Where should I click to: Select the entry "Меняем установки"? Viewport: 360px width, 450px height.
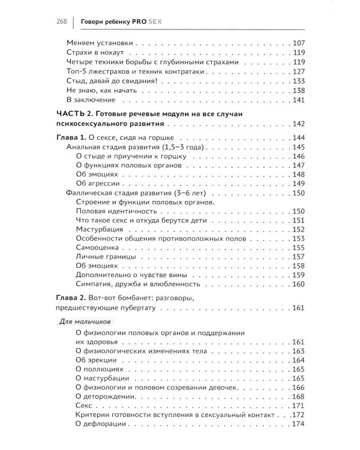(x=99, y=43)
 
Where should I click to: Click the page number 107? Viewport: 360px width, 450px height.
(x=299, y=43)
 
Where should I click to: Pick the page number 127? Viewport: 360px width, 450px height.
(x=299, y=71)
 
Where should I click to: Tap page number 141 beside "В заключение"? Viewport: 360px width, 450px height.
(x=299, y=100)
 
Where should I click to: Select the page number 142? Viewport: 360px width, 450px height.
(x=299, y=124)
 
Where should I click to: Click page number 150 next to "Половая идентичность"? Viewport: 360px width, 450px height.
(x=299, y=212)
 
